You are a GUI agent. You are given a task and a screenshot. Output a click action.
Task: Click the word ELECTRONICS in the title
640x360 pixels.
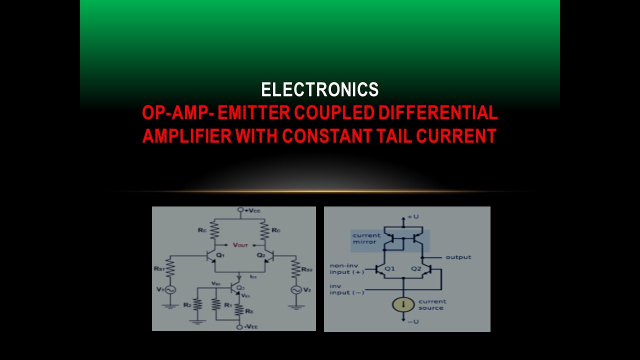coord(320,89)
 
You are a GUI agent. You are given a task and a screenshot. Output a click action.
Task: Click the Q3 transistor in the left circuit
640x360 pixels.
coord(235,288)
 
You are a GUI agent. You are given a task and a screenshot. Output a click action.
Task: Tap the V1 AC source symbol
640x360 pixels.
coord(170,289)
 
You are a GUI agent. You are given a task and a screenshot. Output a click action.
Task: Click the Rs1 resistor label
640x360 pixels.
coord(160,268)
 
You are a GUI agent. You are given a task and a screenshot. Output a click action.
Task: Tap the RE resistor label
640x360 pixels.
coord(249,311)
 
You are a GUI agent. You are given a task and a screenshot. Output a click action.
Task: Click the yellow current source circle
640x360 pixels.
coord(403,303)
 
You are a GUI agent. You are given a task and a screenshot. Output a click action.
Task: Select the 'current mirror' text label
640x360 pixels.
coord(366,238)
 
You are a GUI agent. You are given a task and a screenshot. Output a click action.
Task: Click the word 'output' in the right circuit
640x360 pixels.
coord(458,257)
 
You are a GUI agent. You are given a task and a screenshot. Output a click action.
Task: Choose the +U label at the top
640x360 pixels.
coord(412,217)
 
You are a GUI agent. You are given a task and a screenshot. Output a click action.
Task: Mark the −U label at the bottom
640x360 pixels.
coord(413,321)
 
